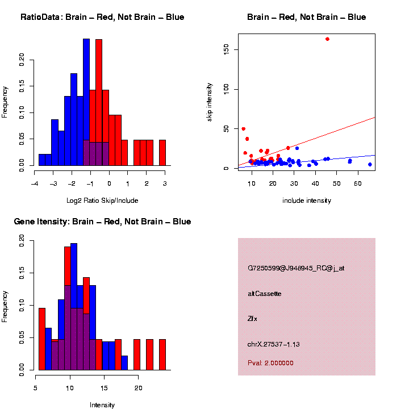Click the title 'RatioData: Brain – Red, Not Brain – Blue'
click(x=102, y=18)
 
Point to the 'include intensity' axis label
click(x=306, y=201)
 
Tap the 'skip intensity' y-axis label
click(x=210, y=101)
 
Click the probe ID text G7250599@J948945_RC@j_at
click(x=295, y=268)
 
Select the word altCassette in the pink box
click(x=264, y=294)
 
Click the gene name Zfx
click(x=252, y=319)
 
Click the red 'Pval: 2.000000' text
click(x=270, y=363)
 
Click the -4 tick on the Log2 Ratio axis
click(x=35, y=184)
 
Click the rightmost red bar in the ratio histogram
click(x=162, y=152)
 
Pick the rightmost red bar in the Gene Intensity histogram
click(x=162, y=354)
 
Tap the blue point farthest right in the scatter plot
click(x=370, y=165)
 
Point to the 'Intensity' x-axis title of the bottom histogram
click(x=102, y=405)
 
